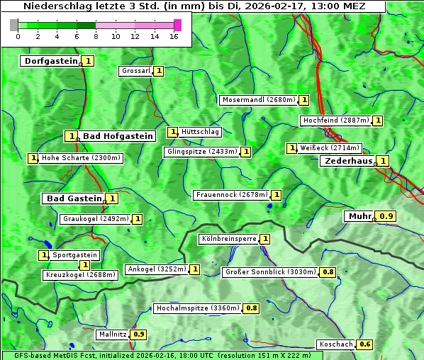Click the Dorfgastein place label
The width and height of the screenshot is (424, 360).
pos(50,61)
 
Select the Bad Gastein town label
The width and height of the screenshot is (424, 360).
pos(74,198)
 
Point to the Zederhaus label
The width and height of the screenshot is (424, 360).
pos(347,161)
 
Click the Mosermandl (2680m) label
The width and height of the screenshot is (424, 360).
pos(258,100)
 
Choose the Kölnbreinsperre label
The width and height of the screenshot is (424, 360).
pos(228,239)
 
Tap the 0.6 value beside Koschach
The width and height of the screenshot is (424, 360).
pos(364,344)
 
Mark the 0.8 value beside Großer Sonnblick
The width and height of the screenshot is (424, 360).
pos(328,272)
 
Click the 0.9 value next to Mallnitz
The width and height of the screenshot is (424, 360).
pos(138,334)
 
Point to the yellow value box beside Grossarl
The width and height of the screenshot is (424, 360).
pos(159,71)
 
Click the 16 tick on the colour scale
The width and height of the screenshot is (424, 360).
pos(174,36)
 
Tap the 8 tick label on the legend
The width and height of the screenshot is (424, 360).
pos(96,36)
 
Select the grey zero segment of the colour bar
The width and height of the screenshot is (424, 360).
pos(14,25)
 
